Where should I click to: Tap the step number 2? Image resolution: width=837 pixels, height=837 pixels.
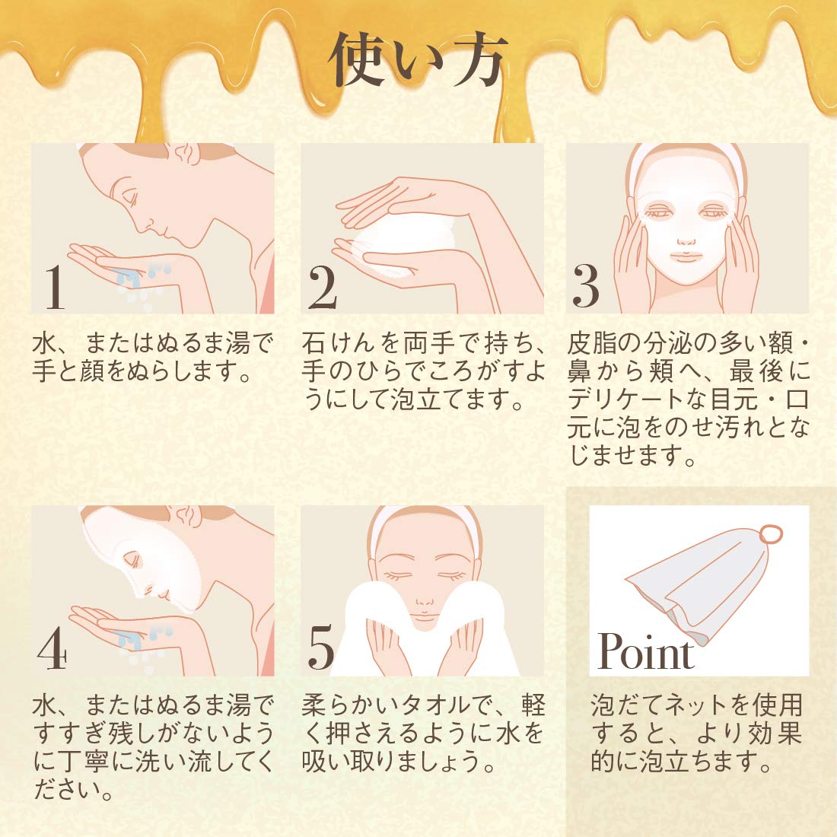[323, 288]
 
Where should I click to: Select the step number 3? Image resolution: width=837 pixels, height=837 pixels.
[586, 288]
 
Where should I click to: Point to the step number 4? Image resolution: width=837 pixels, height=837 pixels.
[52, 651]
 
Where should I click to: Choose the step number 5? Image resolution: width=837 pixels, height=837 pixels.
[322, 651]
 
